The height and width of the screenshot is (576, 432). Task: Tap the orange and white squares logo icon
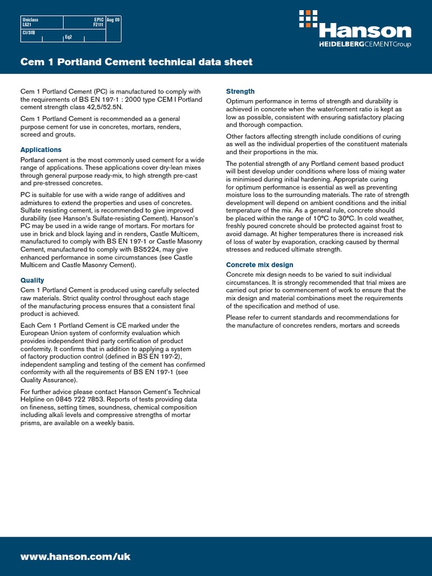tap(309, 19)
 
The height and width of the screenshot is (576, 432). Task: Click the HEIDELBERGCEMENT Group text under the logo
tap(357, 44)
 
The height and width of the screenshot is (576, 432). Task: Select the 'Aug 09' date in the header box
tap(113, 20)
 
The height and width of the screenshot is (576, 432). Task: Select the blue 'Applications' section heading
tap(41, 150)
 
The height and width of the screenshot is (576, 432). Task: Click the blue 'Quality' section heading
tap(32, 280)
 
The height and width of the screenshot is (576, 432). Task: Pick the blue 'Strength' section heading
tap(240, 91)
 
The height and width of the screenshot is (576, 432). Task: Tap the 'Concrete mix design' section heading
tap(259, 265)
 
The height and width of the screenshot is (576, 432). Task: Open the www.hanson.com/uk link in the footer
tap(75, 556)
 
